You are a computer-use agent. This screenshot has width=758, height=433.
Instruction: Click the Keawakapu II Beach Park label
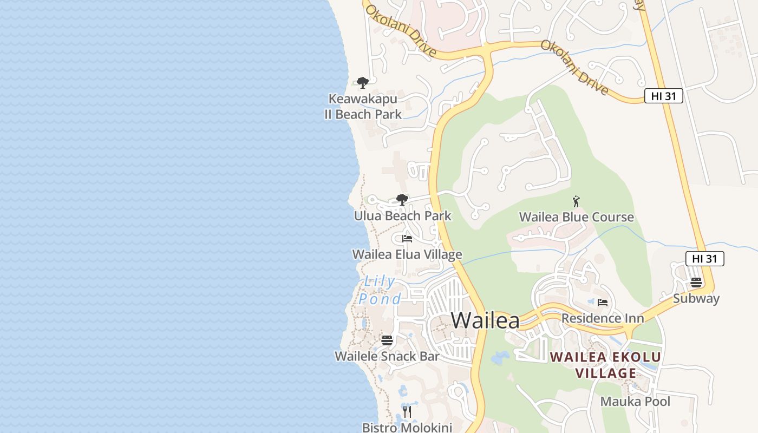(363, 107)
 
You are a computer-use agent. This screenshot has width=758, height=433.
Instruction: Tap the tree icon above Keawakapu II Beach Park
(363, 83)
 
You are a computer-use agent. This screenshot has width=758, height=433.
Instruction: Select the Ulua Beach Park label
(402, 216)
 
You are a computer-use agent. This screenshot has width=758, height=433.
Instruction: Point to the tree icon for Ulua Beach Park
(402, 200)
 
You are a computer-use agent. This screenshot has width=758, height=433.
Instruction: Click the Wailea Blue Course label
(576, 217)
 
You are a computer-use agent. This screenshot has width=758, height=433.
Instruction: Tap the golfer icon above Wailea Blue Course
(576, 201)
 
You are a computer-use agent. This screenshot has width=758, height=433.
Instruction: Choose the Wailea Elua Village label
(407, 254)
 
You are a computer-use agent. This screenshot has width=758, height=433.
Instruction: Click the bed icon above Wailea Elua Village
(407, 239)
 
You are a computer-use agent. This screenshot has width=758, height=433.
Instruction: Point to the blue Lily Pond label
(380, 290)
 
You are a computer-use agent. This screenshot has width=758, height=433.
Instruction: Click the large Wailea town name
(485, 320)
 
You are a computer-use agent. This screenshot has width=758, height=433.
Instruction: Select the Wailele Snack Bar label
(387, 356)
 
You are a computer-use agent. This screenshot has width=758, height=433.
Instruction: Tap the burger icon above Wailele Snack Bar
(387, 340)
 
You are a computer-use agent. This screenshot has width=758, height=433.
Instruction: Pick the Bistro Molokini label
(407, 428)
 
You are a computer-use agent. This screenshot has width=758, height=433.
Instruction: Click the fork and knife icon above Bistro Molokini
(407, 412)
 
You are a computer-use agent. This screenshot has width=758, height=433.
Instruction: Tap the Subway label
(696, 298)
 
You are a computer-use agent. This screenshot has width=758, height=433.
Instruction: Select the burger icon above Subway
(696, 283)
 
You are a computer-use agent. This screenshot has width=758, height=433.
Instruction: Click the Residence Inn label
(603, 318)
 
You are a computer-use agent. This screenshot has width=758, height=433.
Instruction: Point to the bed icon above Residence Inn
(603, 303)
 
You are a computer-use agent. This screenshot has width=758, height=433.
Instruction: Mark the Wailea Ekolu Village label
(605, 365)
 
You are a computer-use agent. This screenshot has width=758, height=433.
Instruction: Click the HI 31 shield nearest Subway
(704, 259)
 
